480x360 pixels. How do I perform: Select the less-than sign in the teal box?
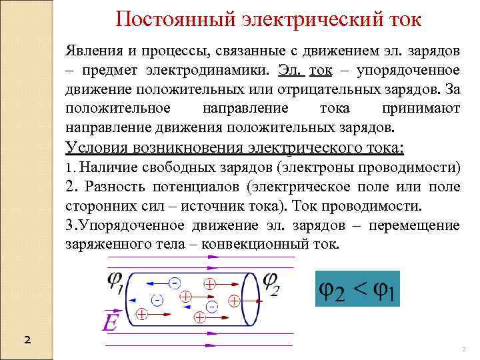360,288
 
